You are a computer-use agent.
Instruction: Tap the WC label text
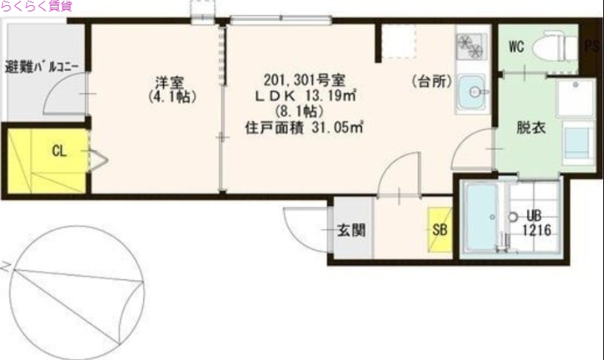click(516, 47)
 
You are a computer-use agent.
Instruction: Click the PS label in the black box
click(593, 48)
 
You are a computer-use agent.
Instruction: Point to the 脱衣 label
click(528, 128)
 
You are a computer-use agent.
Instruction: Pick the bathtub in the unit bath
click(482, 217)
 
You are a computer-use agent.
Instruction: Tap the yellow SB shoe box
click(438, 227)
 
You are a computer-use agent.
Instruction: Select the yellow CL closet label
click(59, 150)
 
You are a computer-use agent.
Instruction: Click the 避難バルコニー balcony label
click(42, 66)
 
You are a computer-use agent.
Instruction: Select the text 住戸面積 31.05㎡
click(304, 128)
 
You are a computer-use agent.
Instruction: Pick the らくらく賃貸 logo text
click(36, 7)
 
